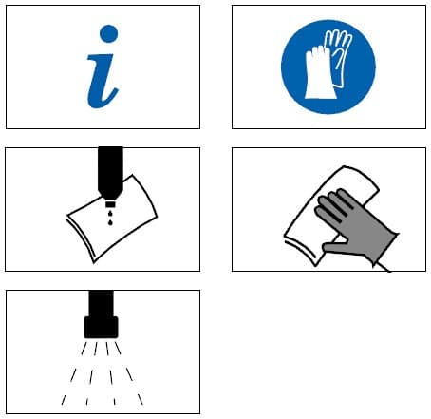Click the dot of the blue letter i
pos(108,33)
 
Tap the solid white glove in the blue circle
pos(320,73)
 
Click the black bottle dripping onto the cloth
pos(110,173)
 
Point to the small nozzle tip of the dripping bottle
pos(110,204)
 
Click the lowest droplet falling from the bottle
pos(110,222)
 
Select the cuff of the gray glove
pos(386,245)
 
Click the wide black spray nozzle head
pos(101,327)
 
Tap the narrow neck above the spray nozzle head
pos(101,303)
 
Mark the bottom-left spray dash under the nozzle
pos(64,400)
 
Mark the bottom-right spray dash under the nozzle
pos(141,399)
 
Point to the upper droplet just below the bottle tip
pos(110,214)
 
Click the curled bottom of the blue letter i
pos(103,102)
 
